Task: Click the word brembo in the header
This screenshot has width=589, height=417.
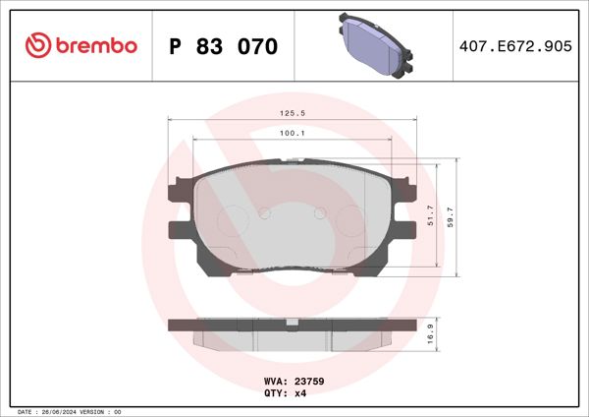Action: coord(96,46)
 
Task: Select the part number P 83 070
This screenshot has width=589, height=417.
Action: coord(224,47)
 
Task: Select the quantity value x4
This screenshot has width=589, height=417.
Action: coord(299,392)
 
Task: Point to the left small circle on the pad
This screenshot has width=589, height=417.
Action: coord(262,211)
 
